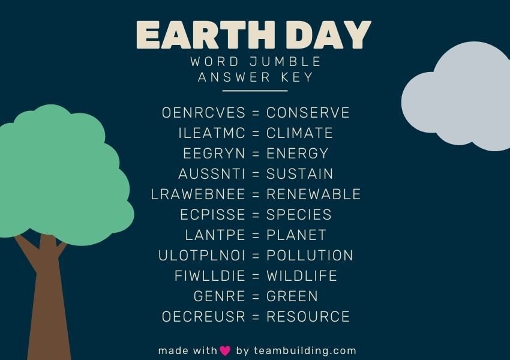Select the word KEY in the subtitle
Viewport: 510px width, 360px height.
298,77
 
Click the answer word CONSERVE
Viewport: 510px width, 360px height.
308,113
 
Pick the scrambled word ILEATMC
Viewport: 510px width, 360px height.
212,133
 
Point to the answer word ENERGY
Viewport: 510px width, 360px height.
298,154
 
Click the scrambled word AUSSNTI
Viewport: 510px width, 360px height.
212,174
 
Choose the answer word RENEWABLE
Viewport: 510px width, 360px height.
314,194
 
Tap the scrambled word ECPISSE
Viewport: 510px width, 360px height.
212,215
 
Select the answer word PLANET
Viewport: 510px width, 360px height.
296,235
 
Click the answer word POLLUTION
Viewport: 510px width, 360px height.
310,256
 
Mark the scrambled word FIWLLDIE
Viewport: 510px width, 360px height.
210,276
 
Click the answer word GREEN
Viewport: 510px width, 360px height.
292,296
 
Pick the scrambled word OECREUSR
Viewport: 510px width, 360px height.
203,317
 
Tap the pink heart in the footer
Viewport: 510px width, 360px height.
225,351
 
